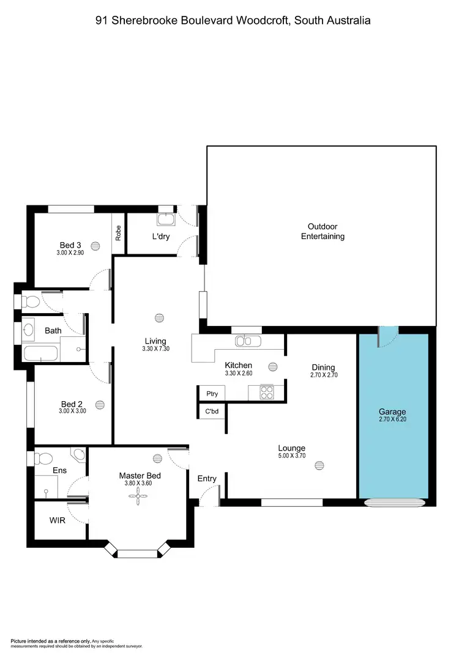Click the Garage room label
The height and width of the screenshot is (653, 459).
coord(392,412)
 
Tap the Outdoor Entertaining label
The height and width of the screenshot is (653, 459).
coord(323,231)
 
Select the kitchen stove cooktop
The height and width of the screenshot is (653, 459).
coord(267,391)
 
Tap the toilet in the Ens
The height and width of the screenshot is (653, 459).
coord(43,459)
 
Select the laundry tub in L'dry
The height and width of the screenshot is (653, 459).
coord(165,220)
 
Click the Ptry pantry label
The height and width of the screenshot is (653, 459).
coord(212,394)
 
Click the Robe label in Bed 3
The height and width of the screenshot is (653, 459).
coord(118,233)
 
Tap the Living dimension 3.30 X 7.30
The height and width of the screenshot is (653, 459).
coord(155,350)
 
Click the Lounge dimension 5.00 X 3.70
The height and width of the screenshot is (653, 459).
coord(291,456)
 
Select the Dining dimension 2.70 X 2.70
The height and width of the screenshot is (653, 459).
coord(323,375)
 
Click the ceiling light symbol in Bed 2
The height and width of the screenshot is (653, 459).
coord(100,404)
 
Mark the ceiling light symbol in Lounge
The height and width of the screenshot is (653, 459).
coord(319,466)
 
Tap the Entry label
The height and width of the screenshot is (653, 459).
coord(207,478)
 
